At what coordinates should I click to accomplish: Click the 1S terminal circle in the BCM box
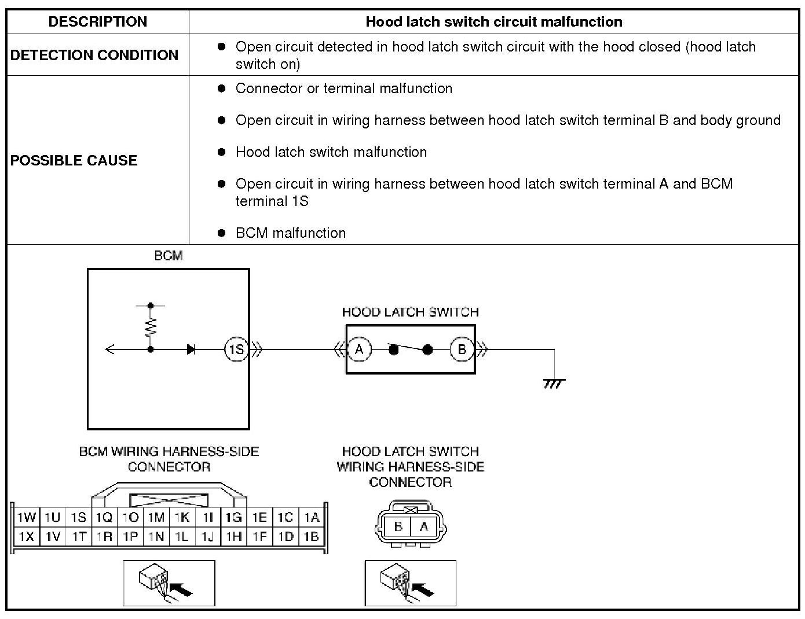tap(236, 349)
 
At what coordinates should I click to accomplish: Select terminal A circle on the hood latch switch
tap(359, 349)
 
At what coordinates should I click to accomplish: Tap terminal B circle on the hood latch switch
tap(462, 349)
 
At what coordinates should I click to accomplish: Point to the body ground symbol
tap(554, 383)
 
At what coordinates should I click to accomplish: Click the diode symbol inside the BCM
tap(191, 349)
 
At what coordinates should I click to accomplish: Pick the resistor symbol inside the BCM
tap(151, 327)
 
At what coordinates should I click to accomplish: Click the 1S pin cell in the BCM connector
tap(79, 517)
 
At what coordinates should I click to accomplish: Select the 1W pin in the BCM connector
tap(26, 517)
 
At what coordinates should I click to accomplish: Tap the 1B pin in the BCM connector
tap(312, 536)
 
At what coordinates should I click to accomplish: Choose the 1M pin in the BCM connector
tap(156, 517)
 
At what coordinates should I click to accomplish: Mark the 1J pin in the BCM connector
tap(207, 536)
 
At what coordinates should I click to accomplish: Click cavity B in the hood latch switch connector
tap(398, 526)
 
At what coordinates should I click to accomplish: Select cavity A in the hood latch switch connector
tap(424, 526)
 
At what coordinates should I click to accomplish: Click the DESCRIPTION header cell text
tap(97, 22)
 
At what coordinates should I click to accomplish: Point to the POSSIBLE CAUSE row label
tap(74, 160)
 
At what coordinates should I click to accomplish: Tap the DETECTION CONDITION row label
tap(94, 55)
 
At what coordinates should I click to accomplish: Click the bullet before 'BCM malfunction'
tap(221, 233)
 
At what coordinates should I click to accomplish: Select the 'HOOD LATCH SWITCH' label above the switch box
tap(410, 312)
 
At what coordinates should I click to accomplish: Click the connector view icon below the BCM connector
tap(169, 583)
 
